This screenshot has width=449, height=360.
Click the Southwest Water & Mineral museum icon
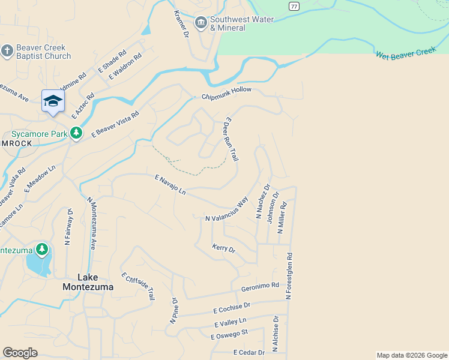pyautogui.click(x=201, y=23)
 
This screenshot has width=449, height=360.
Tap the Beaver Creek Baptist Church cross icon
pyautogui.click(x=7, y=52)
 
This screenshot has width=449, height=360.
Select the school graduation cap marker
pyautogui.click(x=53, y=101)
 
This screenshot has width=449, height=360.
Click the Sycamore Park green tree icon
pyautogui.click(x=76, y=133)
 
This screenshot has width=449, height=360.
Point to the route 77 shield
pyautogui.click(x=293, y=6)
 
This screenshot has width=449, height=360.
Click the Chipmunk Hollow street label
pyautogui.click(x=226, y=94)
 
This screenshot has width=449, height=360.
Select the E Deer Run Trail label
pyautogui.click(x=231, y=139)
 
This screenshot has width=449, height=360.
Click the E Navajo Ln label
pyautogui.click(x=170, y=184)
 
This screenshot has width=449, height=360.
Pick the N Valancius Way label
pyautogui.click(x=226, y=210)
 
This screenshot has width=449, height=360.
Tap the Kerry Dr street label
pyautogui.click(x=224, y=248)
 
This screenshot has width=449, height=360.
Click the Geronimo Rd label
pyautogui.click(x=260, y=287)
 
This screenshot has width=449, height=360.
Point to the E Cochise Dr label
pyautogui.click(x=231, y=308)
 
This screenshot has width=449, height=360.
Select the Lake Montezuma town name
pyautogui.click(x=87, y=282)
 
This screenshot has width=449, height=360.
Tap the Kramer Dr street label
pyautogui.click(x=181, y=22)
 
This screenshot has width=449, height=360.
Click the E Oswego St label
pyautogui.click(x=229, y=334)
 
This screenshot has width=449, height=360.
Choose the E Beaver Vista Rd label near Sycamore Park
pyautogui.click(x=115, y=124)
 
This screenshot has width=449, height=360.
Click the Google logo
pyautogui.click(x=20, y=353)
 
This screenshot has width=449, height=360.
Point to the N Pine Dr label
pyautogui.click(x=173, y=311)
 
